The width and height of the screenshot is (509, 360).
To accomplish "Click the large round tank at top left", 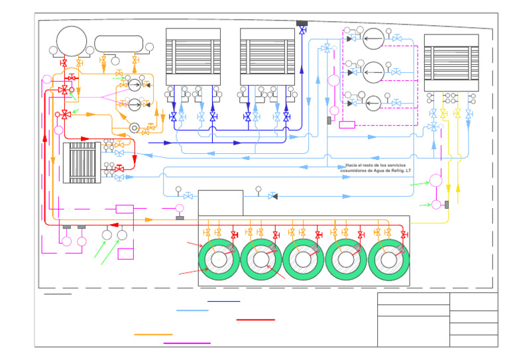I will [x=71, y=42].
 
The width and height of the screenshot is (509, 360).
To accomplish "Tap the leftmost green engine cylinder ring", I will [x=219, y=259].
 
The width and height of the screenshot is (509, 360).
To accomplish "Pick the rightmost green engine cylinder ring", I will [x=388, y=259].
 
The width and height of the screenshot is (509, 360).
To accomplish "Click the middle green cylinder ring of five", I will [x=304, y=259].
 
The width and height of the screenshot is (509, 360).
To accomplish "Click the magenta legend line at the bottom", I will [x=187, y=343].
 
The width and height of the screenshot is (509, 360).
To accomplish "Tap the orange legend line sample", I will [x=153, y=334].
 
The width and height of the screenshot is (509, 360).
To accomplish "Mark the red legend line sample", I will [x=255, y=320].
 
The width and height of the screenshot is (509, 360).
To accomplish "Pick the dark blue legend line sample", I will [x=223, y=301].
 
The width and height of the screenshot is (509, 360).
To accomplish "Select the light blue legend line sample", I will [x=192, y=310].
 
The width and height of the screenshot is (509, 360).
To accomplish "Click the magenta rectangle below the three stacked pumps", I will [x=347, y=124].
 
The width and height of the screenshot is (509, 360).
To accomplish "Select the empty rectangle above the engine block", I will [x=220, y=203].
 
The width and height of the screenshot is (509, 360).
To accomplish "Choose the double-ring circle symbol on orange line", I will [x=135, y=128].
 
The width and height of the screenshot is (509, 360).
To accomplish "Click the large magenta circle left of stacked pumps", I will [x=334, y=80].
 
